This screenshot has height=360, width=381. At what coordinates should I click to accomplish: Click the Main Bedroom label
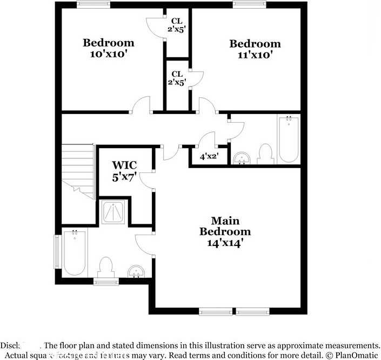tap(225, 226)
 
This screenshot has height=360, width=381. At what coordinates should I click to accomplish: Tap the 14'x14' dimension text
tap(225, 243)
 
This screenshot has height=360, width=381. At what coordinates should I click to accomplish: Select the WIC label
tap(124, 165)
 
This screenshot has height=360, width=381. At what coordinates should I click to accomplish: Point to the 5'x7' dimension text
tap(124, 176)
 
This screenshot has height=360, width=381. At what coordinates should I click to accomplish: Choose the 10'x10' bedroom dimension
tap(108, 54)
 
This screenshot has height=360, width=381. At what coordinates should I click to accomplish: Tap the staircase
tap(78, 170)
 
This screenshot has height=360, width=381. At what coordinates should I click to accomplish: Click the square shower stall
tap(115, 212)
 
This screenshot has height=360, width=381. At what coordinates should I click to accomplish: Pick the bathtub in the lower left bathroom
tap(74, 253)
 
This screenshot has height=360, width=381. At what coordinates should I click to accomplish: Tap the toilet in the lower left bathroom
tap(106, 266)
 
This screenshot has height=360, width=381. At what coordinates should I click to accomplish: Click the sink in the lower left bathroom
tap(136, 271)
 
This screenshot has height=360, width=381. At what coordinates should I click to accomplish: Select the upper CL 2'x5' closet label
tap(177, 25)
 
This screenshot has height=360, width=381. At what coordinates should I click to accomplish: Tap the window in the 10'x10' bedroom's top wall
tap(93, 5)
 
